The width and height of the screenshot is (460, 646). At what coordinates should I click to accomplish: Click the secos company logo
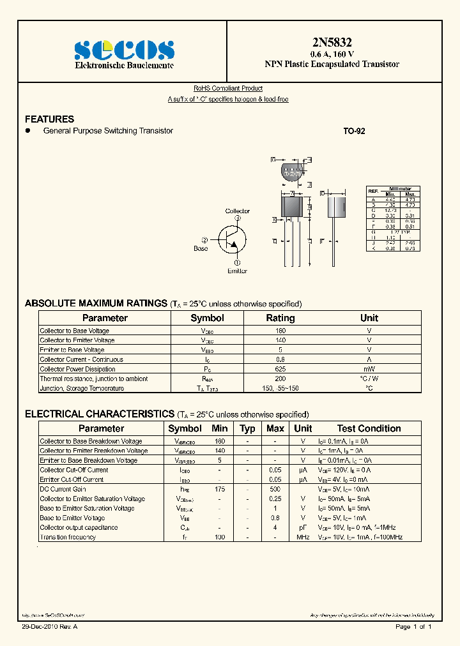(x=124, y=49)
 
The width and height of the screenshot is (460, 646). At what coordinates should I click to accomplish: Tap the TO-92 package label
(x=354, y=131)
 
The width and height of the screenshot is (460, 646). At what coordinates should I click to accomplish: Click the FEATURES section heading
(x=49, y=119)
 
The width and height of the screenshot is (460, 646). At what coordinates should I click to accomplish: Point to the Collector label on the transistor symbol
(x=238, y=211)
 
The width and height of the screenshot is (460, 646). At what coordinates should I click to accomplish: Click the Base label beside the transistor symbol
(x=201, y=248)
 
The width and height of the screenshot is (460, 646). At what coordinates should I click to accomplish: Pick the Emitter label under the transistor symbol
(x=237, y=271)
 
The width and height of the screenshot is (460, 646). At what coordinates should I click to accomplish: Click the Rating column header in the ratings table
(x=280, y=318)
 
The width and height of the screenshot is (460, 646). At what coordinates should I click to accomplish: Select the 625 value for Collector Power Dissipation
(x=280, y=369)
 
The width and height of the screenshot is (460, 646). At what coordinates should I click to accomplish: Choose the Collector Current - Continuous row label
(x=81, y=359)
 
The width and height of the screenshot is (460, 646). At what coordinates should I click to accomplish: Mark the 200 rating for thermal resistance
(x=280, y=379)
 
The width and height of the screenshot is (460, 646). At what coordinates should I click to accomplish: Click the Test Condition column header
(x=369, y=428)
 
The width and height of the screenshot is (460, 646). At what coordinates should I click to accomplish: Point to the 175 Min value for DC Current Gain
(x=220, y=489)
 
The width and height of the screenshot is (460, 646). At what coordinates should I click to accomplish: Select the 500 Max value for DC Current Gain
(x=275, y=489)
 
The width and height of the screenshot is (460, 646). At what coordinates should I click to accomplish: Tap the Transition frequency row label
(x=68, y=537)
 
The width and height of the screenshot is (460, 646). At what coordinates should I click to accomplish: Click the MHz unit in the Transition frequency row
(x=303, y=537)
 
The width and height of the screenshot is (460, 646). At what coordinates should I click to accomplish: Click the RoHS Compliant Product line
(x=228, y=89)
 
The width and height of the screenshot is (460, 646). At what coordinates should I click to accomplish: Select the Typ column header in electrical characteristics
(x=247, y=428)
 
